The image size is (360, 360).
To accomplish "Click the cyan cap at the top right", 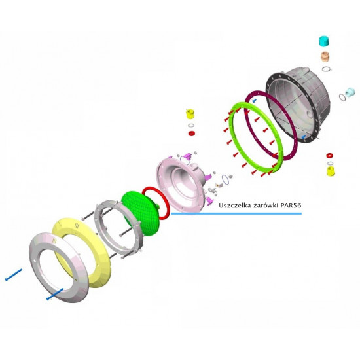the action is pyautogui.click(x=324, y=41).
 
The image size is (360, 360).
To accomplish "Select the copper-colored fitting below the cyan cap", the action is pyautogui.click(x=325, y=56).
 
